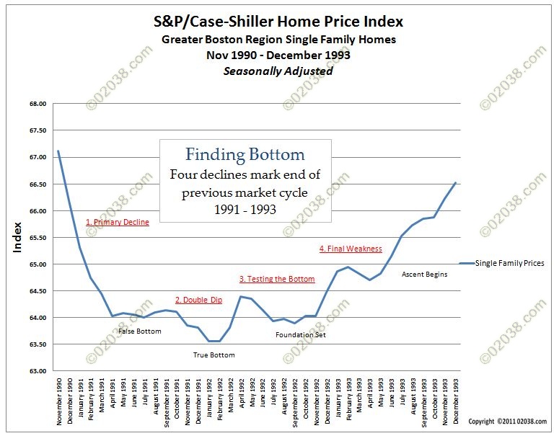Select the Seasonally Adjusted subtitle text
coord(278,71)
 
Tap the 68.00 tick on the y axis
coord(37,104)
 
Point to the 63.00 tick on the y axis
coord(37,371)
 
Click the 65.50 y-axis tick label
coord(37,238)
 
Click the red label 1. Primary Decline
coord(117,223)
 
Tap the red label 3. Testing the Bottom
coord(277,279)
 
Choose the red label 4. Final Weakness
coord(351,249)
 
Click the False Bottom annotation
coord(140,331)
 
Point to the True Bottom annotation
coord(214,355)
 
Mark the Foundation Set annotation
coord(301,335)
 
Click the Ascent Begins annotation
coord(424,275)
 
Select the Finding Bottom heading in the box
coord(245,154)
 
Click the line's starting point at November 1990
coord(58,151)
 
